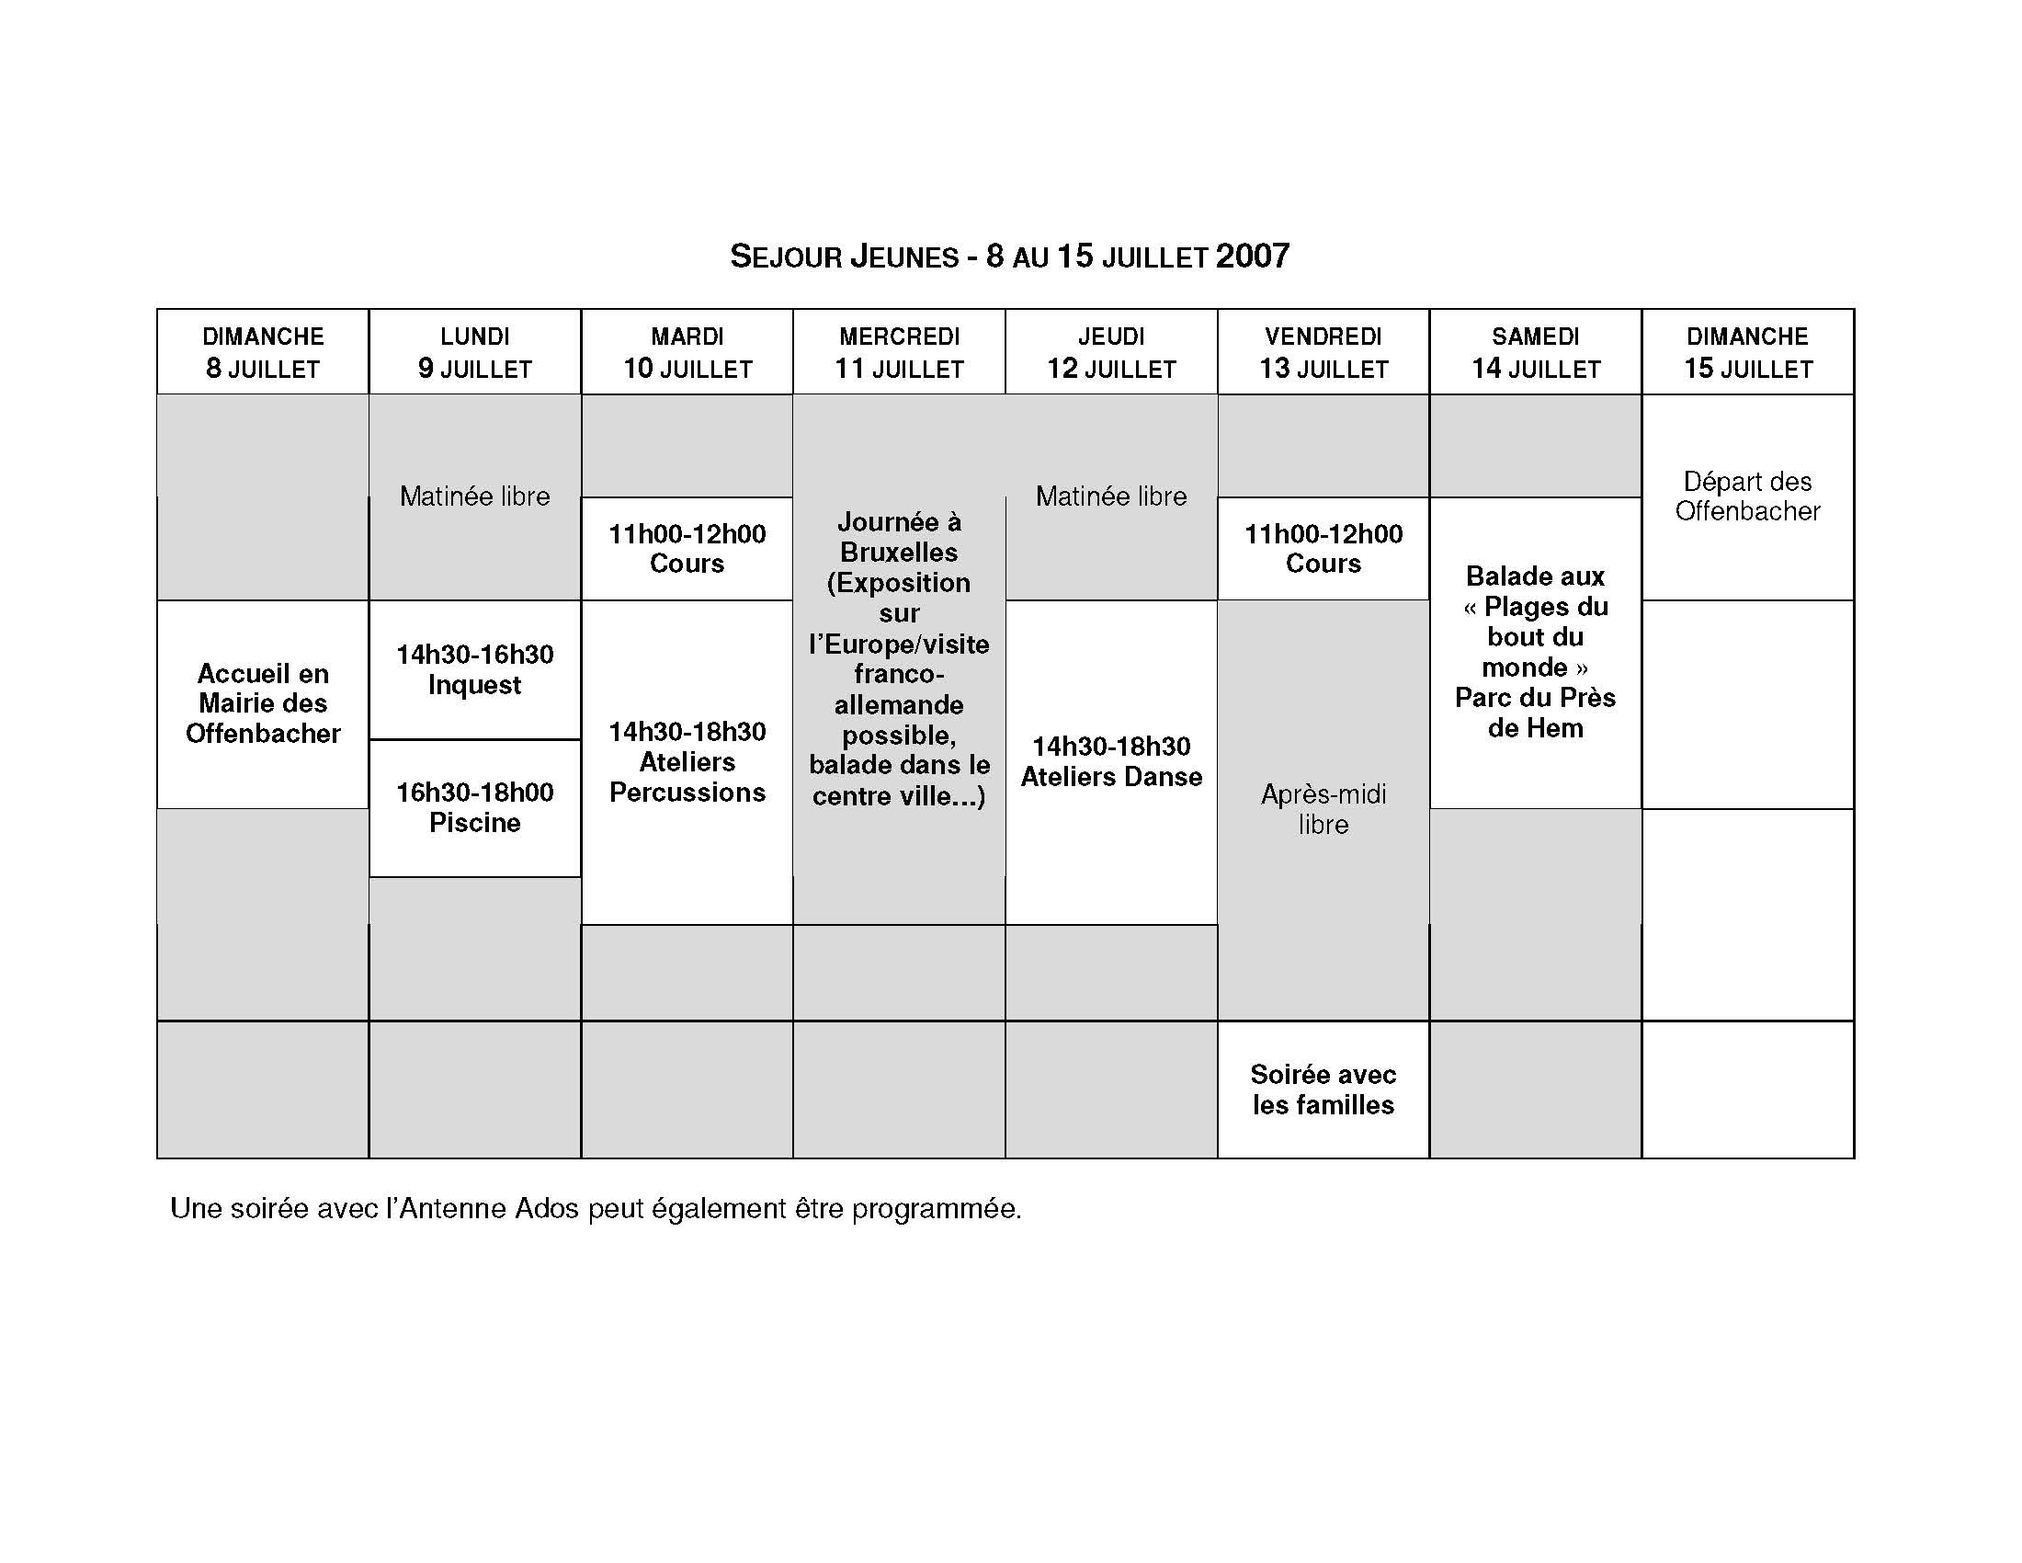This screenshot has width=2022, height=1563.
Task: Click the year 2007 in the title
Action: pyautogui.click(x=1252, y=257)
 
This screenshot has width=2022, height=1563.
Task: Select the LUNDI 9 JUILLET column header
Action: pyautogui.click(x=474, y=352)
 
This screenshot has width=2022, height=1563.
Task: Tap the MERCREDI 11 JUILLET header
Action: pyautogui.click(x=898, y=352)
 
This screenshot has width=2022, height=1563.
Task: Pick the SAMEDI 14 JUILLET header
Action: pyautogui.click(x=1535, y=352)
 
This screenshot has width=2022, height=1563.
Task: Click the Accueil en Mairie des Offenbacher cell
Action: pyautogui.click(x=262, y=703)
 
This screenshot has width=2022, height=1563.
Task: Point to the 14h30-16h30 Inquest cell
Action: pyautogui.click(x=474, y=669)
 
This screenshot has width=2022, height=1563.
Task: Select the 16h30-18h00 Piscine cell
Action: pyautogui.click(x=474, y=807)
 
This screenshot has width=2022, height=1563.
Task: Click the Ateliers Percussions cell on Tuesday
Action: pyautogui.click(x=686, y=762)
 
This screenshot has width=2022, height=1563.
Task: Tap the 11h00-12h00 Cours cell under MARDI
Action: pyautogui.click(x=686, y=548)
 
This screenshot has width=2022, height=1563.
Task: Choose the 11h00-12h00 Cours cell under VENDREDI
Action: pyautogui.click(x=1322, y=548)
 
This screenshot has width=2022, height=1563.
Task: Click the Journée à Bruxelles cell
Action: pyautogui.click(x=898, y=658)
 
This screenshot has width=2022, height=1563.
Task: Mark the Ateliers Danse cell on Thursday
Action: pyautogui.click(x=1110, y=762)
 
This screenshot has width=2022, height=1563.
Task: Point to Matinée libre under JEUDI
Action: pyautogui.click(x=1110, y=496)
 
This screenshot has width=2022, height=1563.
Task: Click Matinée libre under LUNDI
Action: pyautogui.click(x=474, y=496)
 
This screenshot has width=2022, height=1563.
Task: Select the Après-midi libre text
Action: pyautogui.click(x=1322, y=809)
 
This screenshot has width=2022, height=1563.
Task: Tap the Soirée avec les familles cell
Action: pyautogui.click(x=1322, y=1090)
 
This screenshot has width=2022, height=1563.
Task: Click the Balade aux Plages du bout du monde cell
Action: pyautogui.click(x=1535, y=652)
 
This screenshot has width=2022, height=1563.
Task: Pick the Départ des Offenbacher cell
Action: pyautogui.click(x=1747, y=496)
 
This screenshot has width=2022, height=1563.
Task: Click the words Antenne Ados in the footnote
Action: pyautogui.click(x=489, y=1209)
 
